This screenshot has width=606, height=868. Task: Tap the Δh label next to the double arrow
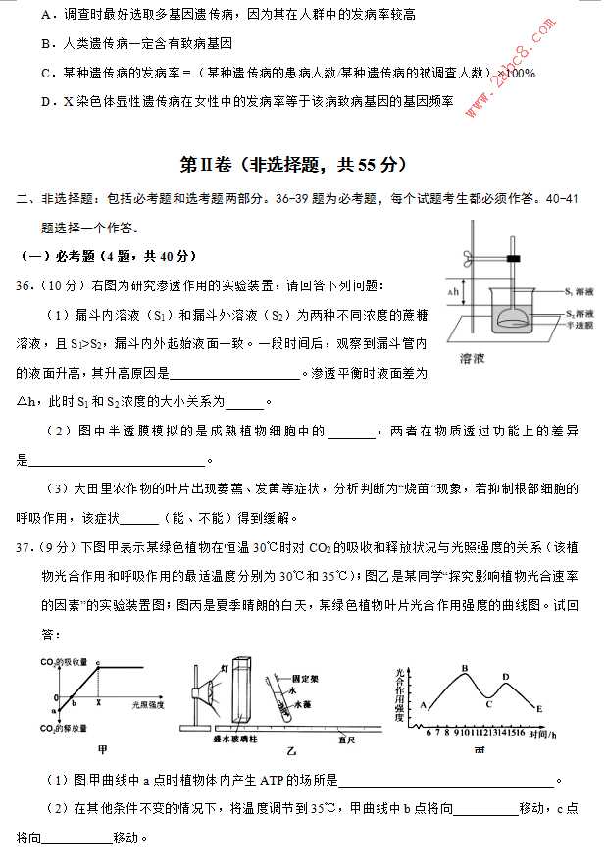[453, 292]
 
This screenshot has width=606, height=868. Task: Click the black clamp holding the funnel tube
[511, 259]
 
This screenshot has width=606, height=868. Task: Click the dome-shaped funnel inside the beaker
[512, 318]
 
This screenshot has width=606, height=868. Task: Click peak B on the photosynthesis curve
[465, 669]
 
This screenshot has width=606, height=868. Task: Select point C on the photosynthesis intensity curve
[488, 703]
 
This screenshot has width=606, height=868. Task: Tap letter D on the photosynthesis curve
[506, 676]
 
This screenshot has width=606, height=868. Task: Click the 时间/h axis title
[541, 732]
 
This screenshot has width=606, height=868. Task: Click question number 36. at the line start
[25, 284]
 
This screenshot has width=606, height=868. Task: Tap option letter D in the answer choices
[46, 101]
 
